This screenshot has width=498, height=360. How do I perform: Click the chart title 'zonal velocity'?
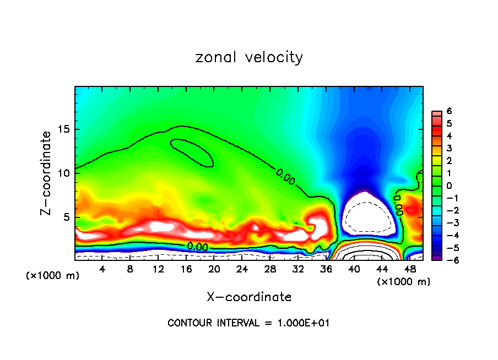click(249, 57)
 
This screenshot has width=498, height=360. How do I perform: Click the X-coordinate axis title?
click(249, 297)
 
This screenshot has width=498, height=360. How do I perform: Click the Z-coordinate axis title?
click(47, 173)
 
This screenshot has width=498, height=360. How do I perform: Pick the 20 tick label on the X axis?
click(214, 269)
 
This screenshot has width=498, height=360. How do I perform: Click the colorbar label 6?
click(449, 111)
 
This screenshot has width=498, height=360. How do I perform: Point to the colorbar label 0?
click(449, 186)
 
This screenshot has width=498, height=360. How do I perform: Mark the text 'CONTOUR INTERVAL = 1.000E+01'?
click(249, 323)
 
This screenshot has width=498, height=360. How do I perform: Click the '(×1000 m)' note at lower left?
click(53, 276)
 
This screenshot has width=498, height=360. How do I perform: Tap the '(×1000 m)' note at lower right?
click(403, 282)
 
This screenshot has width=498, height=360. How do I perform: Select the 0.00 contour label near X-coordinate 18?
click(197, 247)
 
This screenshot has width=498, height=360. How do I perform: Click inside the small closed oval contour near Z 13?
click(192, 152)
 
